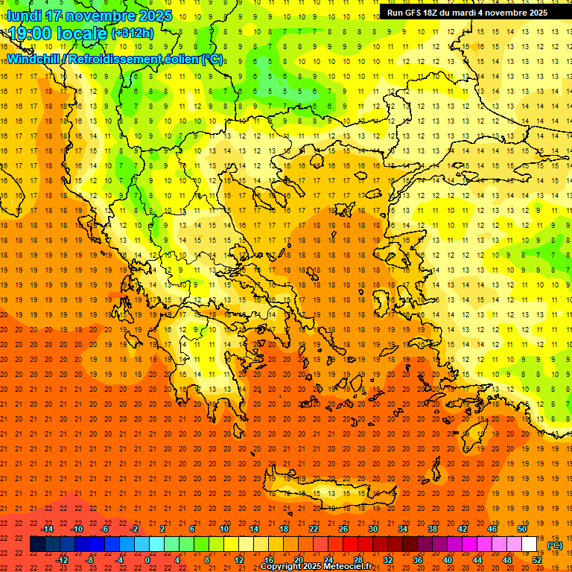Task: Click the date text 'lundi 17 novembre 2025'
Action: pyautogui.click(x=90, y=16)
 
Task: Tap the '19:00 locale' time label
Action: pyautogui.click(x=58, y=34)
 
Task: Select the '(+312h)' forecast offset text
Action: pyautogui.click(x=133, y=34)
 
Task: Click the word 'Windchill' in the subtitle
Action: pyautogui.click(x=35, y=59)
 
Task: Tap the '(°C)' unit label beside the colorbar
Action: pyautogui.click(x=555, y=545)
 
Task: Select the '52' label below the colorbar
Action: pyautogui.click(x=537, y=560)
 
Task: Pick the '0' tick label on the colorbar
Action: pyautogui.click(x=147, y=560)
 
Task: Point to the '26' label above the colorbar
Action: pyautogui.click(x=343, y=528)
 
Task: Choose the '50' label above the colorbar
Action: pyautogui.click(x=522, y=528)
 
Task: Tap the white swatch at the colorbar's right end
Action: pyautogui.click(x=530, y=544)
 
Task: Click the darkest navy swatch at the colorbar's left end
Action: pyautogui.click(x=38, y=544)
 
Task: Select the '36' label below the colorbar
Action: pyautogui.click(x=417, y=560)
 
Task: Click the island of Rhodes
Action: pyautogui.click(x=474, y=436)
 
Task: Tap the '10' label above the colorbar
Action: pyautogui.click(x=224, y=528)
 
